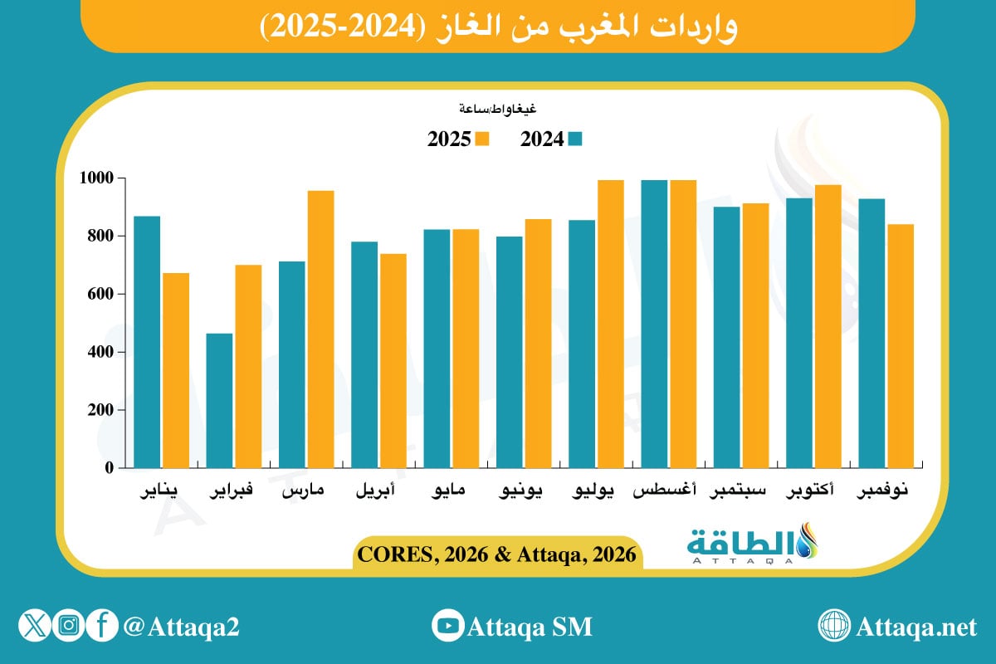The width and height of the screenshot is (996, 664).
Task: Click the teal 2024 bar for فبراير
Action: (x=220, y=400)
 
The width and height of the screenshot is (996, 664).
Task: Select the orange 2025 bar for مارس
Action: (x=320, y=329)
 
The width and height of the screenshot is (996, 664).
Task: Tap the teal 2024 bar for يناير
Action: (x=147, y=341)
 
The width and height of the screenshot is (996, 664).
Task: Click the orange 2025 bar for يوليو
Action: (x=611, y=324)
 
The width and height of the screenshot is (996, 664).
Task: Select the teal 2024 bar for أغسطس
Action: (x=654, y=324)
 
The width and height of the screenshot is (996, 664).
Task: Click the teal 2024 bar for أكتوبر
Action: (x=799, y=332)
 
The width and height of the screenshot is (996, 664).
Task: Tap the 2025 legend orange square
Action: (x=482, y=139)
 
